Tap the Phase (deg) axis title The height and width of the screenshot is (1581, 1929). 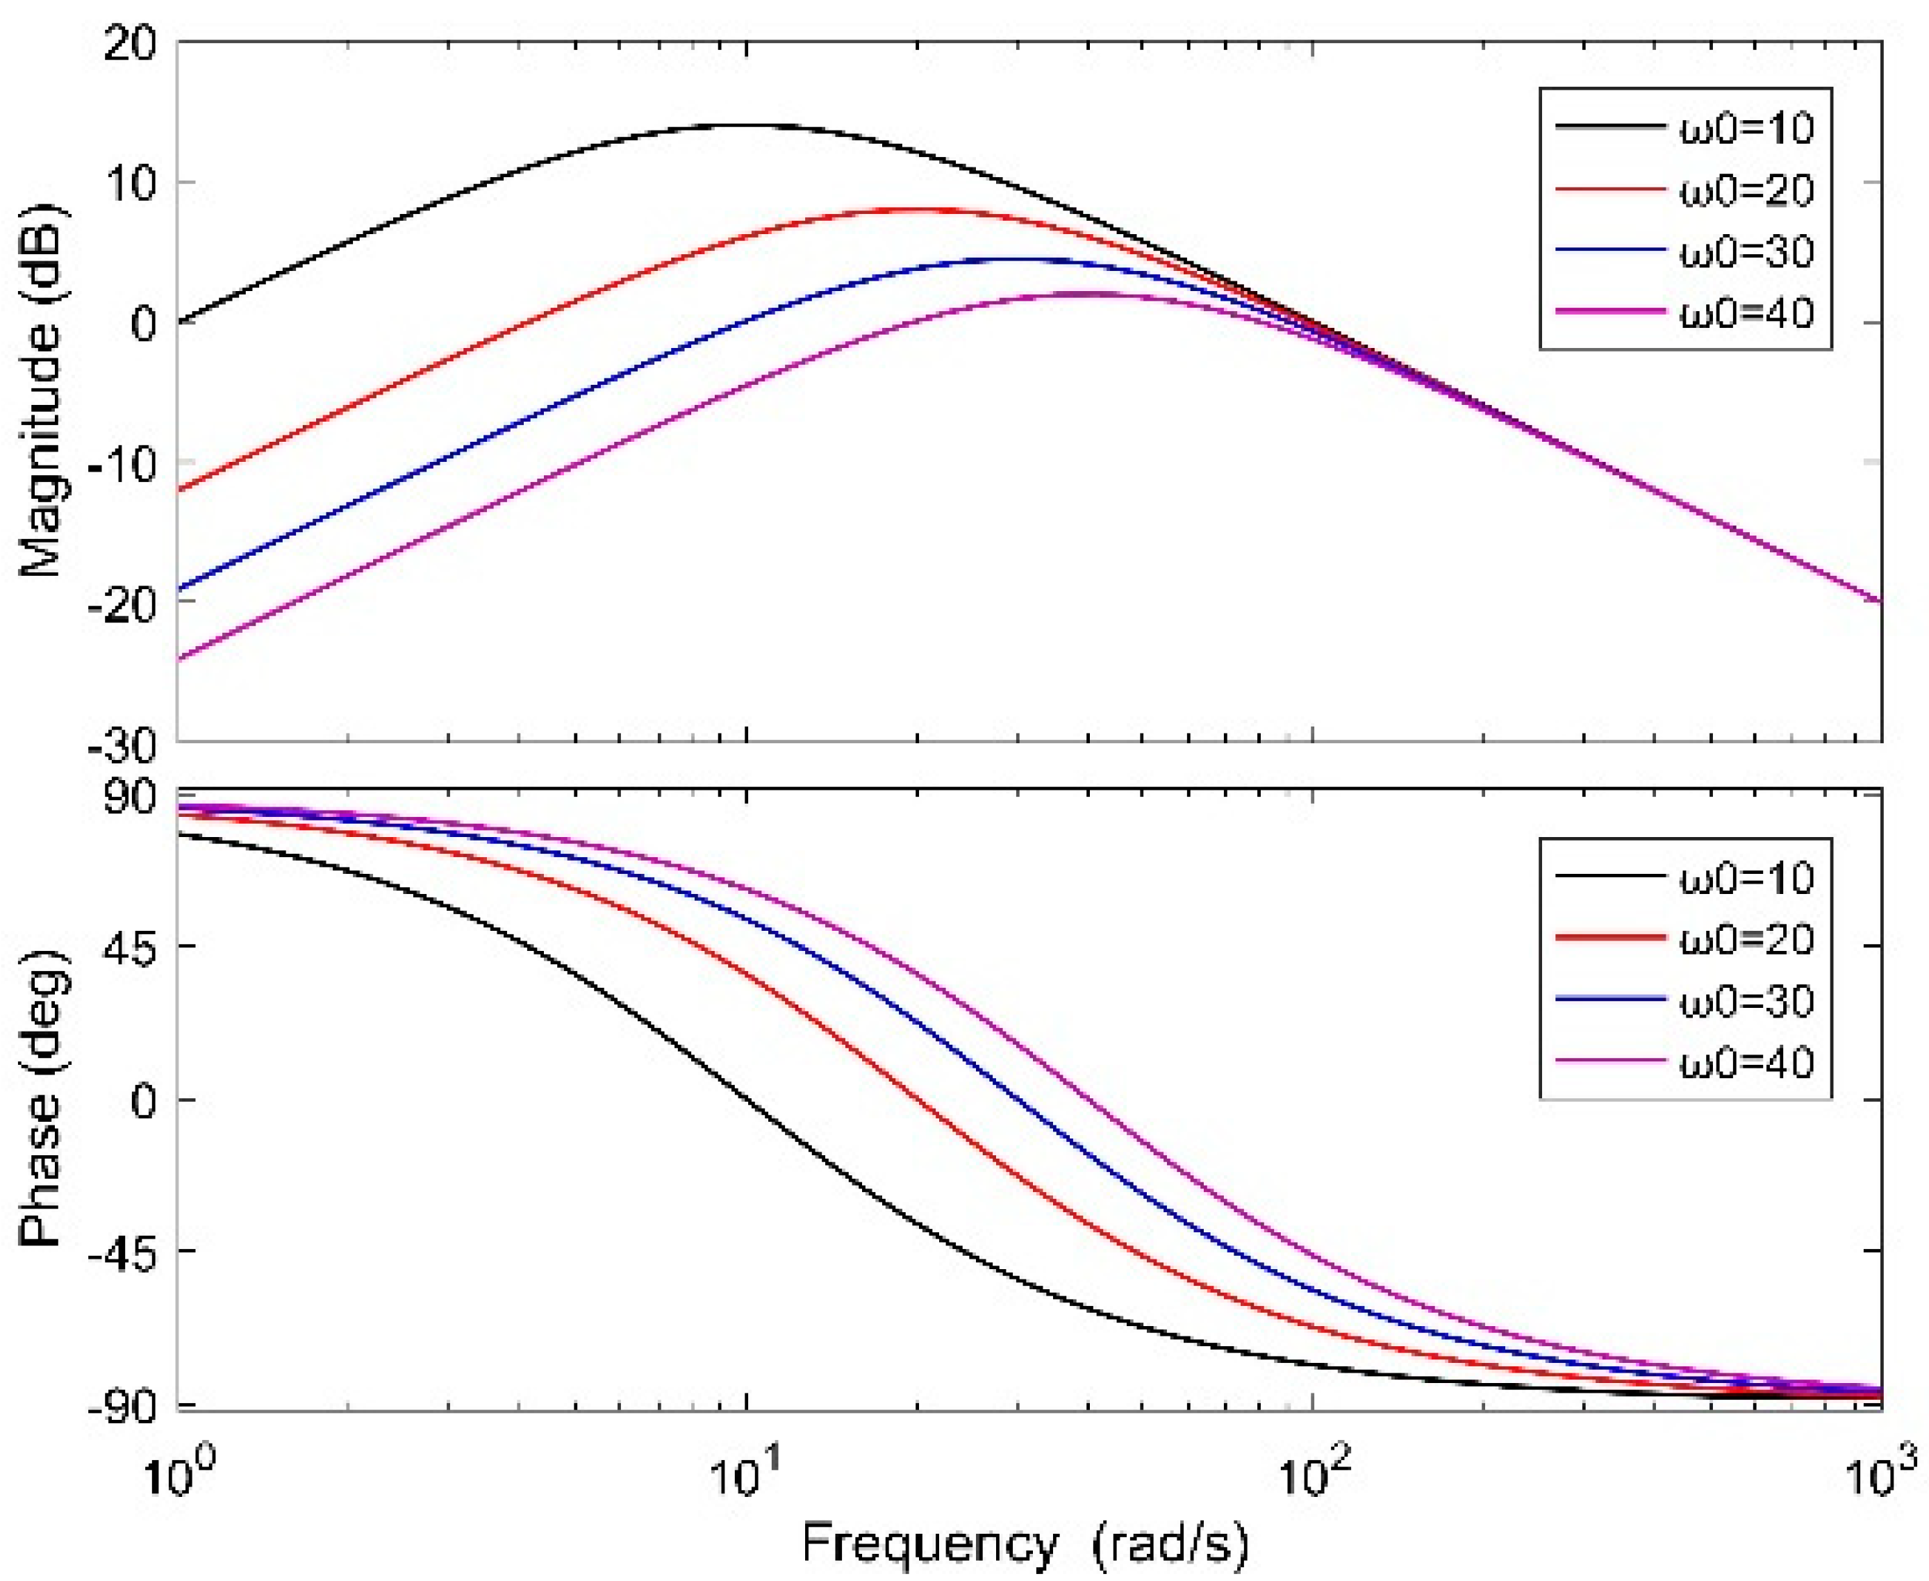[x=41, y=1099]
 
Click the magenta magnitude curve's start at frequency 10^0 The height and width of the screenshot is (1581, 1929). [x=179, y=659]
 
